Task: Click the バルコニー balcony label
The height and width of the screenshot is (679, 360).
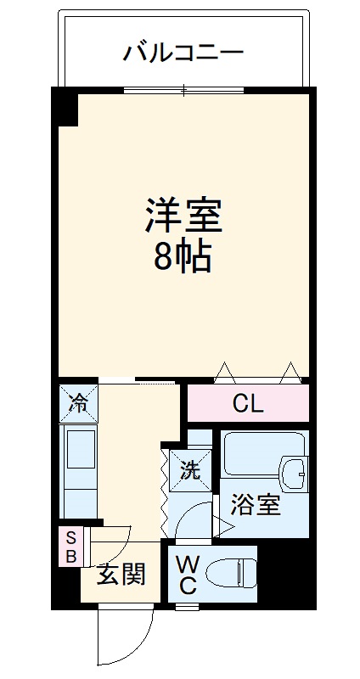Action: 183,53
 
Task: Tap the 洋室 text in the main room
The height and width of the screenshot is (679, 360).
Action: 183,216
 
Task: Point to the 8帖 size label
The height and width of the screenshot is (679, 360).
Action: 183,257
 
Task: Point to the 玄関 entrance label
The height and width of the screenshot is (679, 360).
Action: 121,575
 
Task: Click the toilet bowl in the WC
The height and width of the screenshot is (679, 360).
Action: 231,573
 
